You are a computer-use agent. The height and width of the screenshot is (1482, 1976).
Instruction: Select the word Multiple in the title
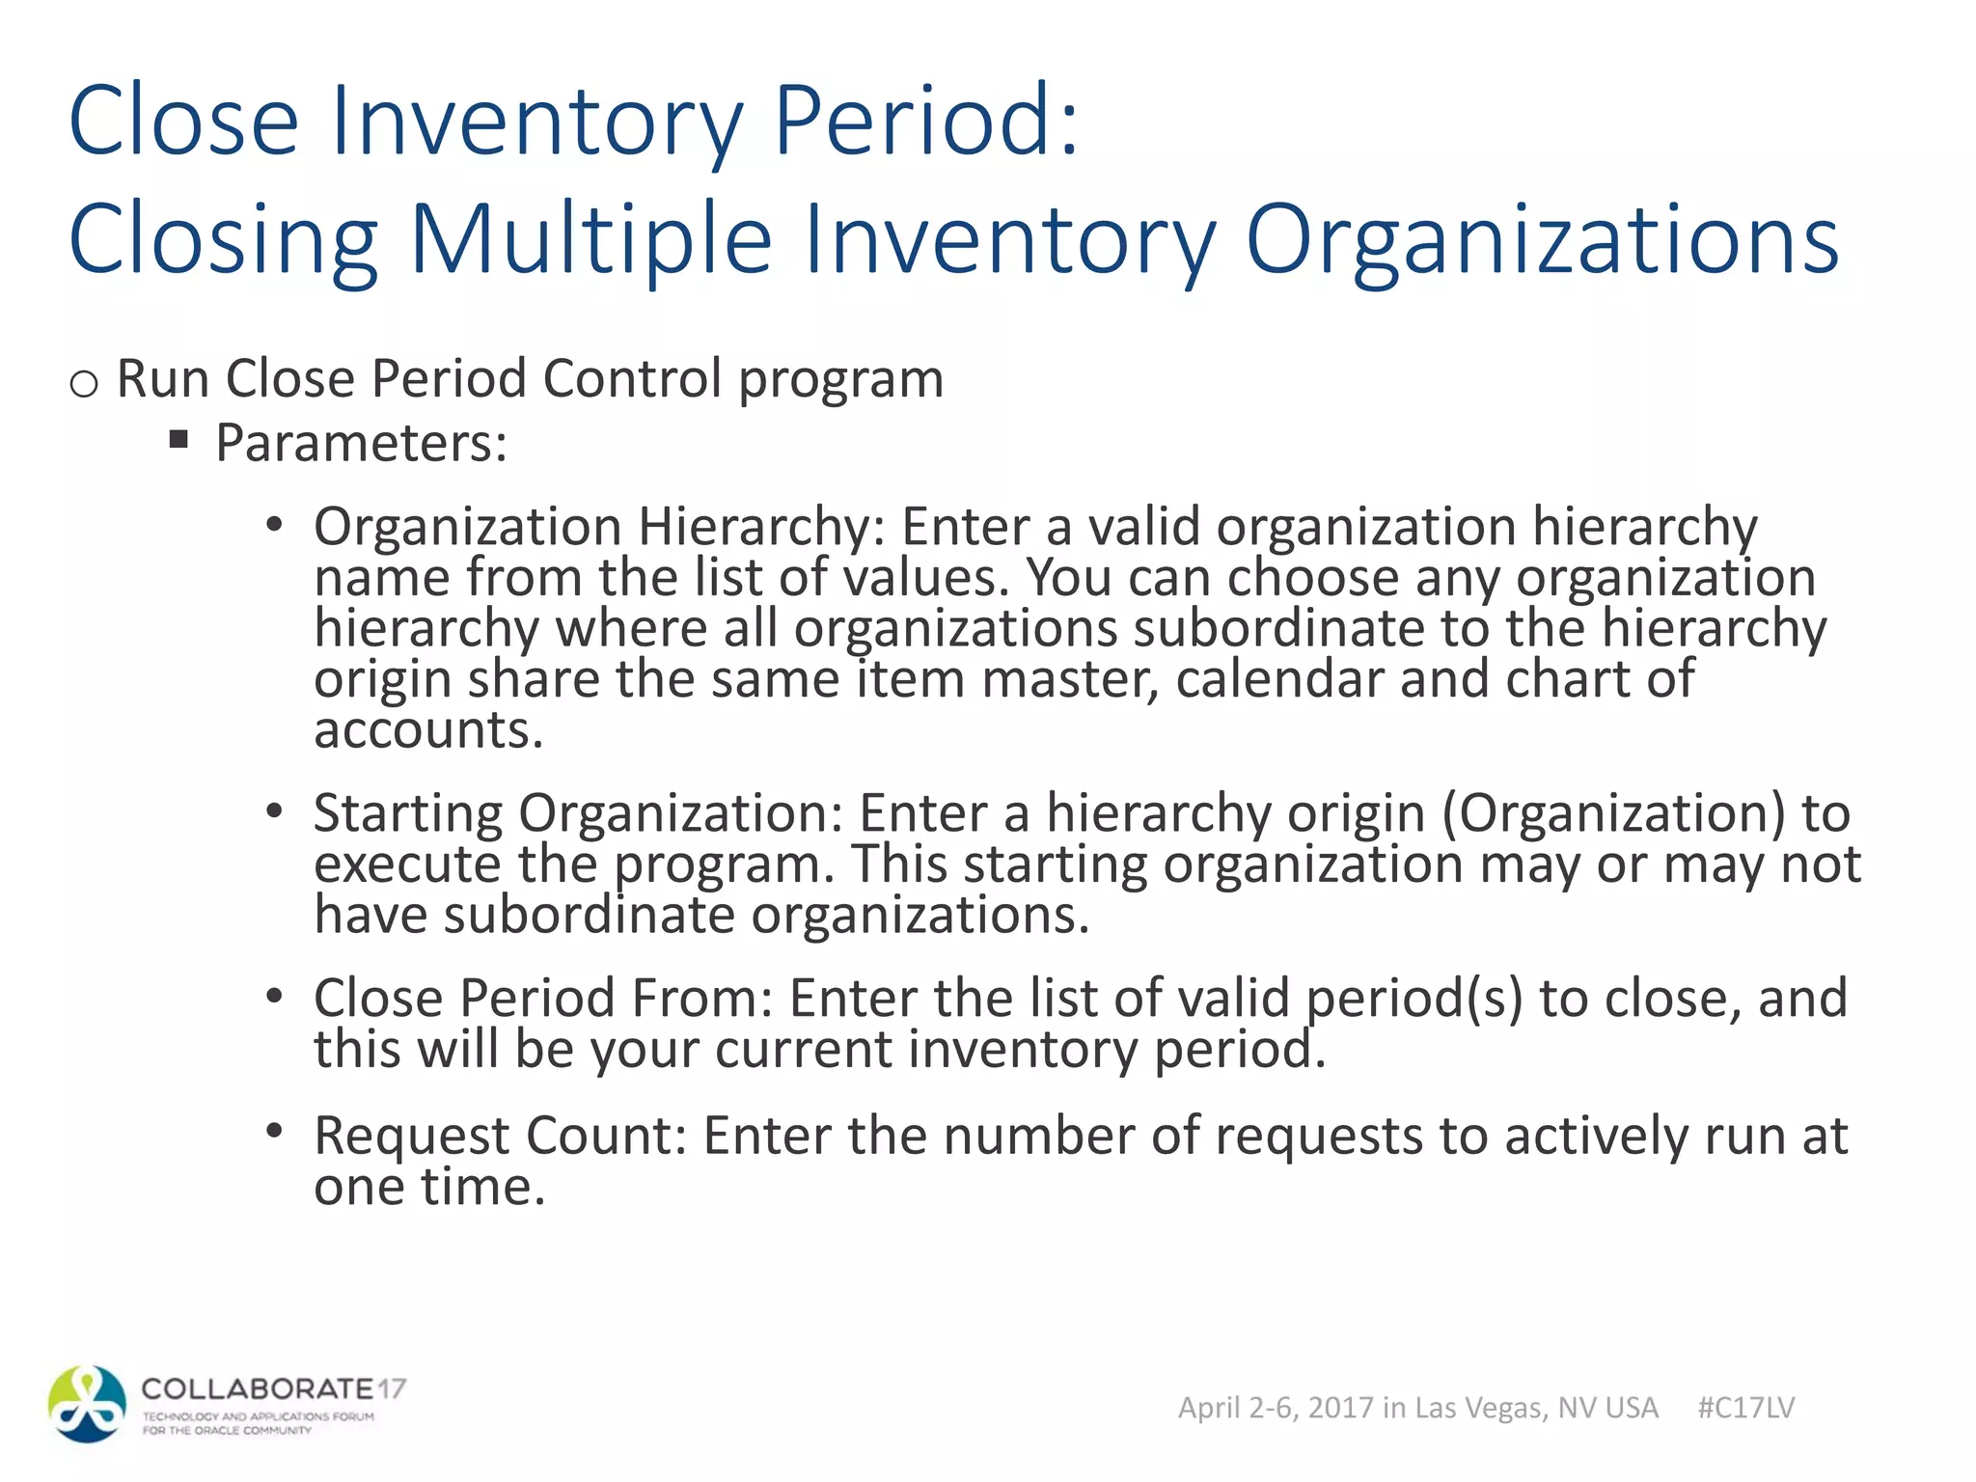click(x=590, y=239)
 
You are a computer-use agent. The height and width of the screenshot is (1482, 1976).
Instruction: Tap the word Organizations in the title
click(x=1542, y=239)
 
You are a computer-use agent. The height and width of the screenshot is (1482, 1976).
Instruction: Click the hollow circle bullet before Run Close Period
click(x=84, y=384)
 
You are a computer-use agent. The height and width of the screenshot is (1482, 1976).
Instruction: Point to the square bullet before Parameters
click(x=178, y=440)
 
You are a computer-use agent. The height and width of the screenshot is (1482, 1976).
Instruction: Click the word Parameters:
click(x=361, y=444)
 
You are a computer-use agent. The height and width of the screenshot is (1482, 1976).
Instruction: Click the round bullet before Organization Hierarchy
click(x=275, y=525)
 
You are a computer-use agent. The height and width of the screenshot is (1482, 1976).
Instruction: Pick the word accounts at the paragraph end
click(x=428, y=730)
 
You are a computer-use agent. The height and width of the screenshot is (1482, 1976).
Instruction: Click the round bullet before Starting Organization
click(x=275, y=810)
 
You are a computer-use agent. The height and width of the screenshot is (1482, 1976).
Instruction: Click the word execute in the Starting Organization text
click(x=407, y=864)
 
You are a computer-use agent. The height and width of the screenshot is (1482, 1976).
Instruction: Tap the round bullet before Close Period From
click(x=275, y=996)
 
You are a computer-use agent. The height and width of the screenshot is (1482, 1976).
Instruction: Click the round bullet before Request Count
click(x=275, y=1131)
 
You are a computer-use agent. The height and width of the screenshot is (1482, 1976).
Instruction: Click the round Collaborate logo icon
click(x=87, y=1404)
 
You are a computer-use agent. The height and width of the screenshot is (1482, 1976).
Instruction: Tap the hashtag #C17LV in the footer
click(x=1745, y=1408)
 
